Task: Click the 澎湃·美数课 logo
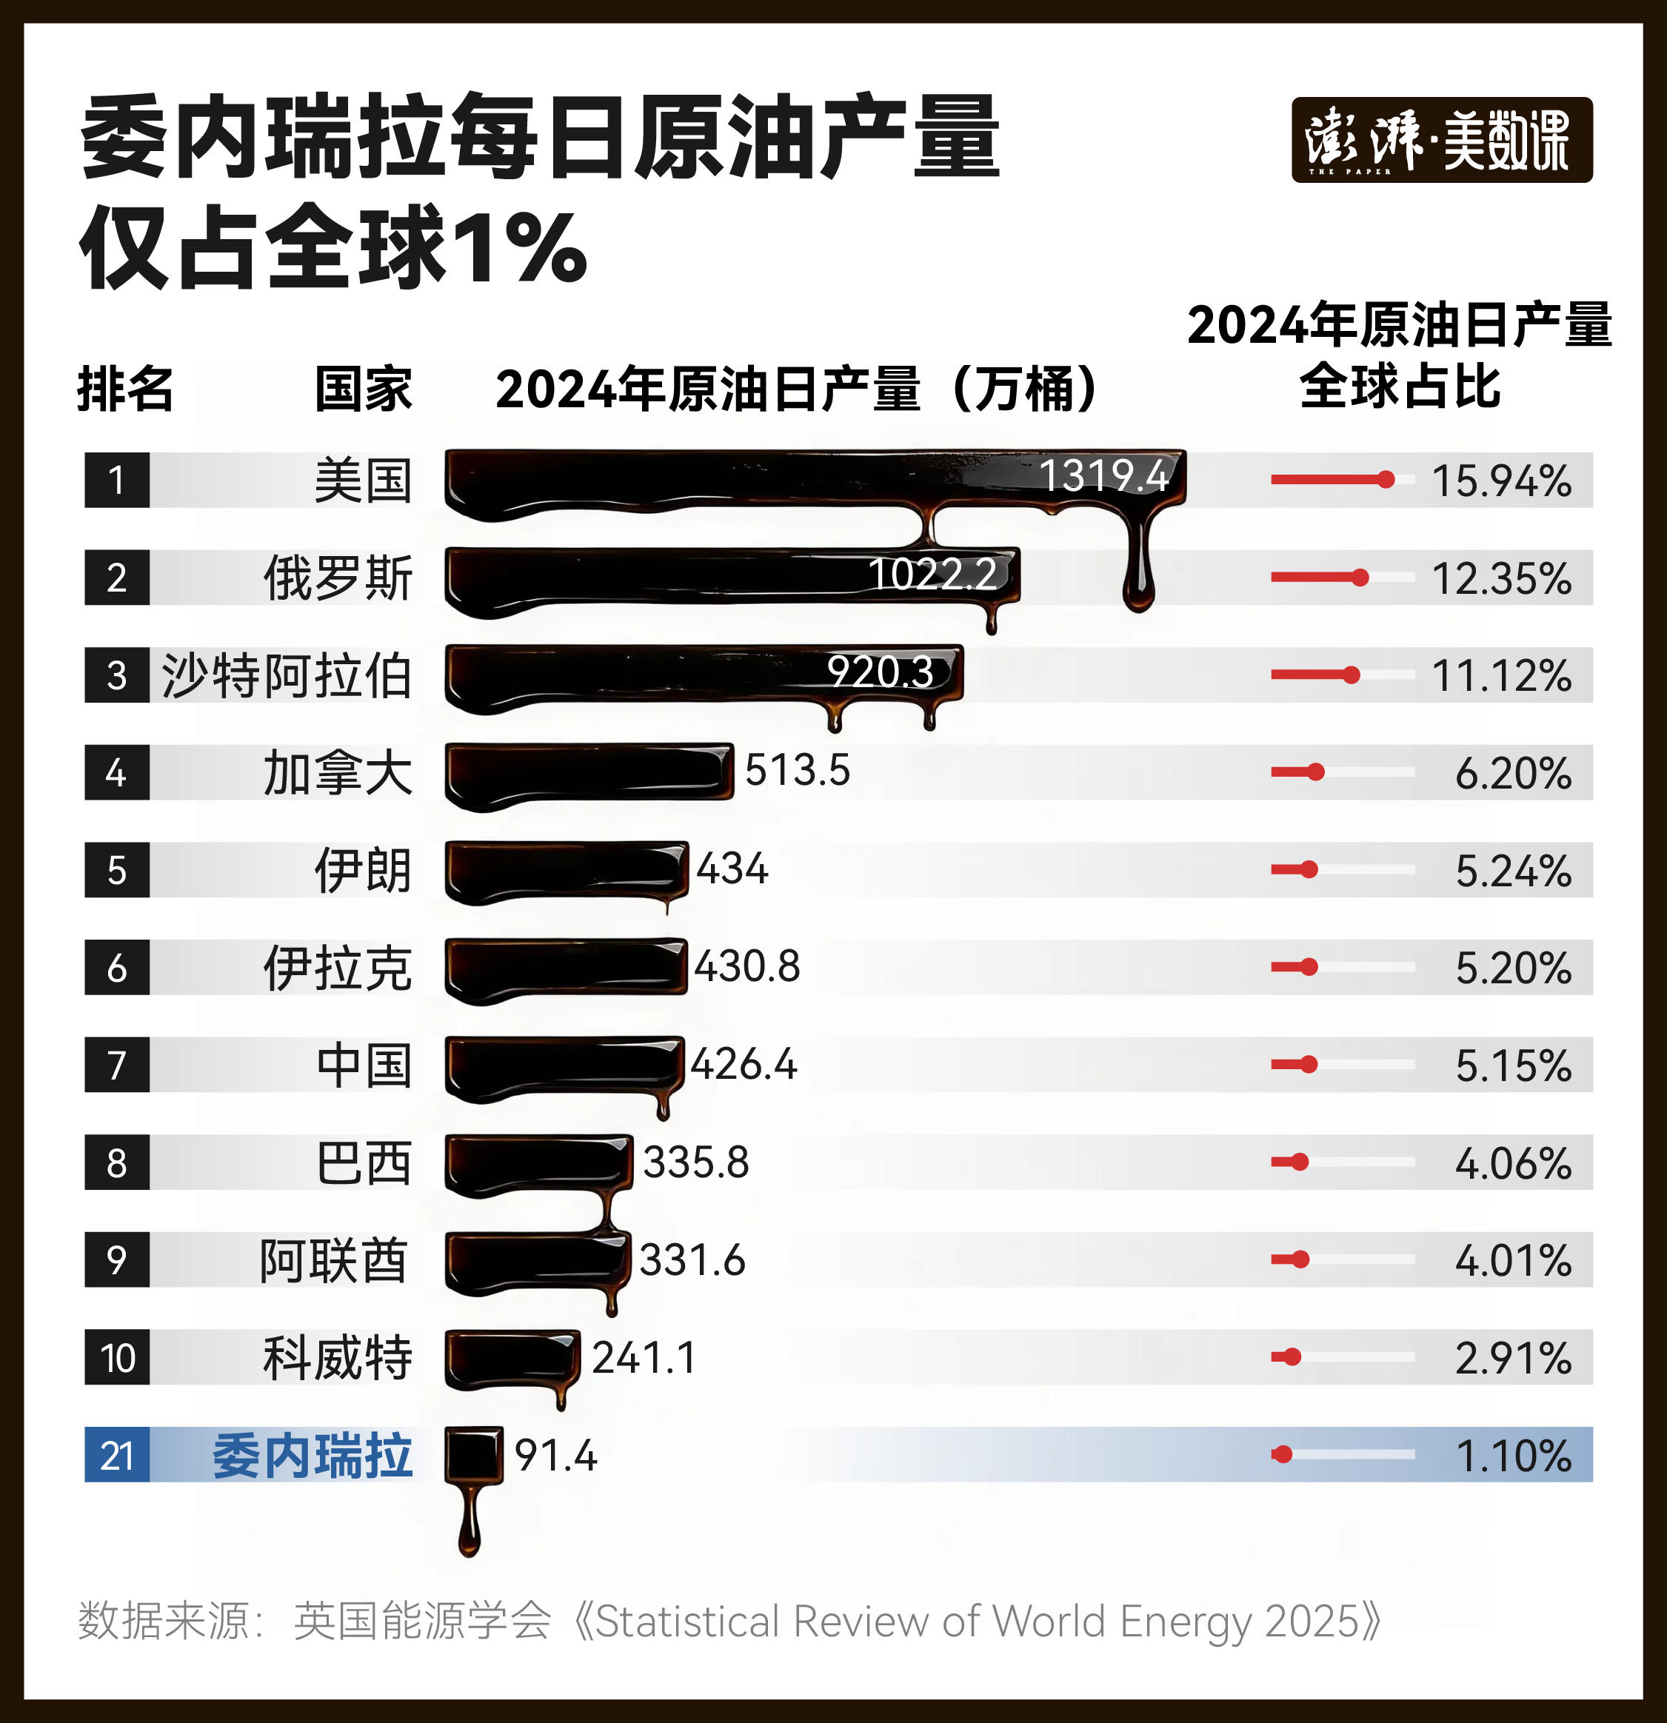(x=1441, y=140)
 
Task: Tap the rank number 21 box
(x=117, y=1455)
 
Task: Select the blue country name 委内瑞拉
(x=312, y=1455)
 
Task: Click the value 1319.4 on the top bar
(x=1103, y=475)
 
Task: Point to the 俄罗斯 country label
(x=338, y=578)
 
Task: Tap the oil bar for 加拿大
(x=587, y=772)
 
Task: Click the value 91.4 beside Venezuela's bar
(x=555, y=1455)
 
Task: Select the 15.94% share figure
(x=1502, y=480)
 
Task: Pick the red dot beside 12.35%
(x=1359, y=578)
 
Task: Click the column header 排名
(x=126, y=389)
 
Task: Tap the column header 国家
(x=363, y=389)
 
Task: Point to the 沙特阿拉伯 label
(x=287, y=675)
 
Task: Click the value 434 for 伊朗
(x=732, y=869)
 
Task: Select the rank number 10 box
(x=117, y=1357)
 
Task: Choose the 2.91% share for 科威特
(x=1513, y=1357)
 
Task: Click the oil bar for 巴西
(x=537, y=1162)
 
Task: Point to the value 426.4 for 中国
(x=744, y=1064)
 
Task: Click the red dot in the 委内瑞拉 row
(x=1283, y=1454)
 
